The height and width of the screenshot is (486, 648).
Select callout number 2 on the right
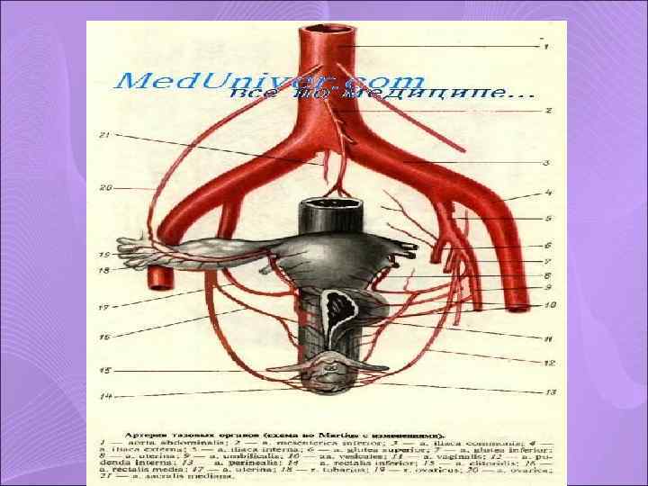tap(547, 111)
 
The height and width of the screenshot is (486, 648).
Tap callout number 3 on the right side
tap(547, 163)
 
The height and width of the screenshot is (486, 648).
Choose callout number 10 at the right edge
tap(550, 305)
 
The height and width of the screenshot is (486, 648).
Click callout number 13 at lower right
tap(550, 391)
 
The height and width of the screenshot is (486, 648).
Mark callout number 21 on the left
tap(104, 135)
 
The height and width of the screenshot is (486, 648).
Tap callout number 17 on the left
tap(104, 308)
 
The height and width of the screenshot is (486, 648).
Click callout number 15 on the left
tap(105, 370)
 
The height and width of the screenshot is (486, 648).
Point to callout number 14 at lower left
tap(105, 396)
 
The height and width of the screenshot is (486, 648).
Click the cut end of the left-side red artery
tap(158, 277)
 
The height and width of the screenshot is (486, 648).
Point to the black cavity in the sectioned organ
tap(341, 306)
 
